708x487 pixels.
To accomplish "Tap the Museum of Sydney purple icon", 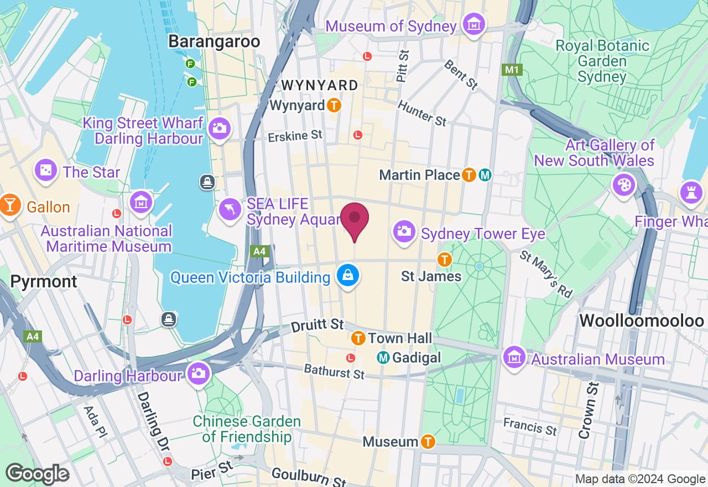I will tap(474, 25).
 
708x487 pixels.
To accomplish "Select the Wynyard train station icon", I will tap(334, 105).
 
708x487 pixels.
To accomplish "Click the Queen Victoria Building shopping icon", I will tap(348, 276).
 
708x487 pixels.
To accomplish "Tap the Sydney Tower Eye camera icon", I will tap(404, 231).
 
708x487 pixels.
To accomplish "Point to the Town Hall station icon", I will tap(358, 337).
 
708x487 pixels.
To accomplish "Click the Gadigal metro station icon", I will tap(383, 358).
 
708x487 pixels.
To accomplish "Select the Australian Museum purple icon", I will tap(515, 357).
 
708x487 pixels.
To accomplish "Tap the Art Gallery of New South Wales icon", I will tap(624, 184).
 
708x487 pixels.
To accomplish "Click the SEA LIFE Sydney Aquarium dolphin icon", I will tap(231, 210).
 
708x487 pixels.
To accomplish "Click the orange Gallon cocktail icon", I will tap(9, 205).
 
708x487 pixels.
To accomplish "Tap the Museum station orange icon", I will tap(428, 442).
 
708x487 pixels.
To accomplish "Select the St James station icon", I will tap(444, 259).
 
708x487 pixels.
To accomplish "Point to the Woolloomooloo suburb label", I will tap(641, 321).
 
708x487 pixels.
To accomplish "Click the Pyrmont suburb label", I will tap(44, 282).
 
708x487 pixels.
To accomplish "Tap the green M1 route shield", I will tap(512, 70).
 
